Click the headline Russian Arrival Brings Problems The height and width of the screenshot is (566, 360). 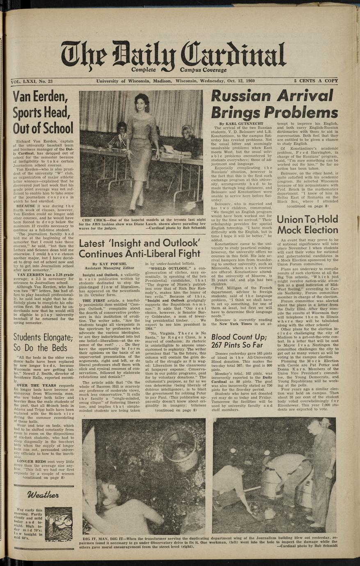coord(274,104)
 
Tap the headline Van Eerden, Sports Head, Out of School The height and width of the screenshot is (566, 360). coord(43,113)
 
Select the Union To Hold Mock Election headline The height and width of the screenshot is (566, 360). coord(307,224)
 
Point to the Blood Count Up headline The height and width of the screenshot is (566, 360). coord(239,341)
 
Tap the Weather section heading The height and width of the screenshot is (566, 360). coord(43,495)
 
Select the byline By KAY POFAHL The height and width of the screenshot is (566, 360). coord(106,265)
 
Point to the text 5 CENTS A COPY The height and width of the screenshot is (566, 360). coord(315,81)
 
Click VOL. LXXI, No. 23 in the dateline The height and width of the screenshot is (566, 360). coord(32,82)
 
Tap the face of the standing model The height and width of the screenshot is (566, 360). coord(142,100)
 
